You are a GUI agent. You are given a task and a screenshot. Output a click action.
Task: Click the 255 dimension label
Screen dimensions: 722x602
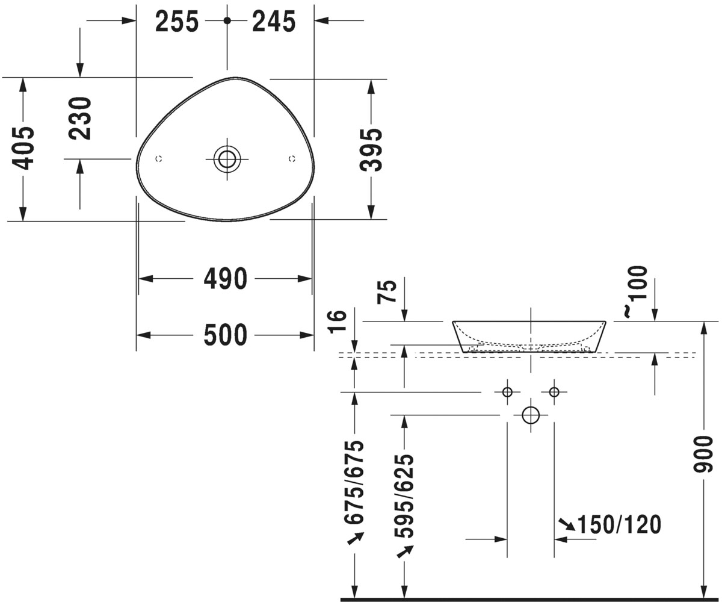(x=177, y=22)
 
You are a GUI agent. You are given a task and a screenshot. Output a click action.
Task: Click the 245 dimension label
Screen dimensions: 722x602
(x=274, y=22)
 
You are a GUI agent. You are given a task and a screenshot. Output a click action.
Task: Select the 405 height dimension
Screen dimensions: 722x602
(x=23, y=149)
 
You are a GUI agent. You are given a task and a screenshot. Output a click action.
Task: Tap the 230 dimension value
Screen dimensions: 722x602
(x=80, y=119)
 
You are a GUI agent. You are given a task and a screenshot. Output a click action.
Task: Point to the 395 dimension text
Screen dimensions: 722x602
(x=371, y=150)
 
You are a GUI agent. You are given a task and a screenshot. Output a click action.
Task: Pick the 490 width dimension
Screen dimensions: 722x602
(x=226, y=279)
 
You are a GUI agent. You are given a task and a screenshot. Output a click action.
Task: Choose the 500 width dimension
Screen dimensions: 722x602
(x=226, y=335)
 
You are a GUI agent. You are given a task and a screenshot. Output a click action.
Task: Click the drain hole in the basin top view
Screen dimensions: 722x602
(x=227, y=159)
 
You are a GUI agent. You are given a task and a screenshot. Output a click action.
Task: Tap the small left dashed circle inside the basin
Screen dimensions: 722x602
(x=159, y=159)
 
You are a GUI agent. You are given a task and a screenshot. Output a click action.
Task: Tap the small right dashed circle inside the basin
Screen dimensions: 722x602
(x=292, y=159)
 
